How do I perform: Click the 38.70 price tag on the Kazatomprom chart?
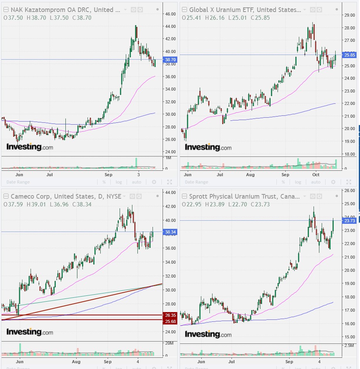coord(171,60)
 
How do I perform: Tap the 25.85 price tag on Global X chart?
coord(350,55)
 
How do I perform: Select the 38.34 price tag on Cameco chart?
coord(171,232)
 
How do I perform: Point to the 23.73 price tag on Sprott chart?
coord(350,221)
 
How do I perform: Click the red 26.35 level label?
coord(170,315)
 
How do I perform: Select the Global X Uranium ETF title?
coord(245,10)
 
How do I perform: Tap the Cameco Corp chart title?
coord(65,196)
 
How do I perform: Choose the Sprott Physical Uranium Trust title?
coord(244,196)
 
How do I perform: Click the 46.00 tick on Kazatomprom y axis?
coord(171,14)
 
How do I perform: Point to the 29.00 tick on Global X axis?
coord(350,15)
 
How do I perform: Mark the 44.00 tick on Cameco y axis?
coord(171,192)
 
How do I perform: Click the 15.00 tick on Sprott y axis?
coord(350,337)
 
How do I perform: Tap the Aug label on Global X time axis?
coord(250,175)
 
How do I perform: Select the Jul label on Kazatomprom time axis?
coord(50,175)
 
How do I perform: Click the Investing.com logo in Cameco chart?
coord(29,332)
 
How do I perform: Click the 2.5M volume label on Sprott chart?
coord(349,345)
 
